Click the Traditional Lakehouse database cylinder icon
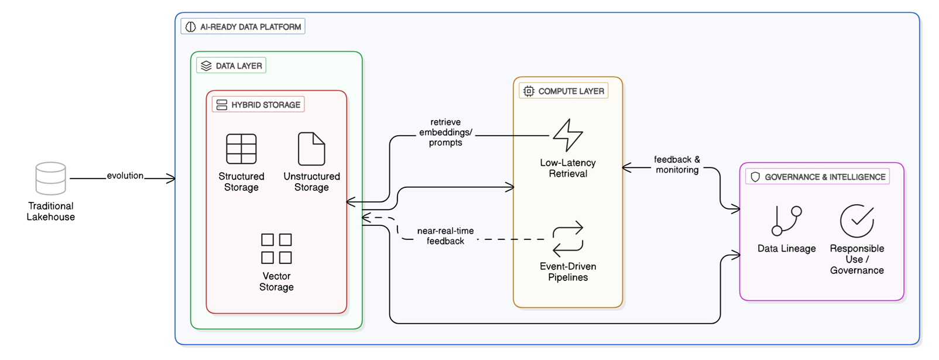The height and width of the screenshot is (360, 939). pos(50,179)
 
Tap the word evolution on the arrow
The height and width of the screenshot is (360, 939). pos(125,176)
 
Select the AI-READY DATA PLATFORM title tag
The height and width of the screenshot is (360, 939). pos(243,27)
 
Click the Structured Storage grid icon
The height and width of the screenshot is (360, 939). pos(241,149)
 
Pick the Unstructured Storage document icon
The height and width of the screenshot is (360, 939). pos(311,149)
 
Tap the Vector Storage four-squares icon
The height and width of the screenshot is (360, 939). pos(276,249)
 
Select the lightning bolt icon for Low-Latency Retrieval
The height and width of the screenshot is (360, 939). pos(568,135)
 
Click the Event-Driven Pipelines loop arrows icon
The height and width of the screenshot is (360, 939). pos(568,239)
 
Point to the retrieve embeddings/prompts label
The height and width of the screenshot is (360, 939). pos(445,132)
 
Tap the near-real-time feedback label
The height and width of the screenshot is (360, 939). pos(445,236)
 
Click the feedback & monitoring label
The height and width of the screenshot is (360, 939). pos(677,164)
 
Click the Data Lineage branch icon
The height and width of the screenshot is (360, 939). pos(786,221)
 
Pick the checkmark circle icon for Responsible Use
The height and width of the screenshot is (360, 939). pos(856,221)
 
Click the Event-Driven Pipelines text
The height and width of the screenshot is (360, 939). pos(568,272)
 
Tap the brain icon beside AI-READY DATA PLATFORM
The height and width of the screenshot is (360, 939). pos(191,27)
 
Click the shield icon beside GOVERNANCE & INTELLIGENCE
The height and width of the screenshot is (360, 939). pos(755,177)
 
